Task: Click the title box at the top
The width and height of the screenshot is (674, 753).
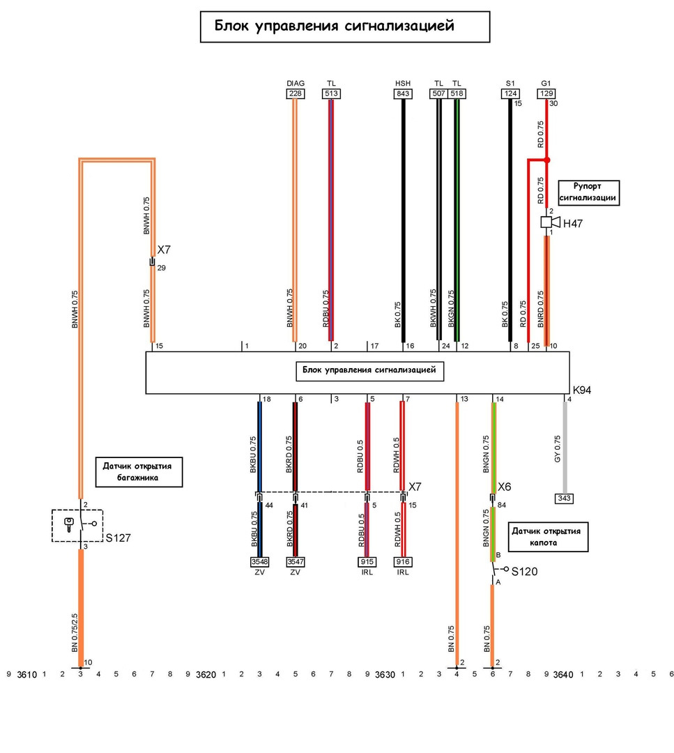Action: click(344, 26)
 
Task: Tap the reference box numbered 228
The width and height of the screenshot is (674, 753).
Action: click(294, 93)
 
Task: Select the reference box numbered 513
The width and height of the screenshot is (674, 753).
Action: click(331, 93)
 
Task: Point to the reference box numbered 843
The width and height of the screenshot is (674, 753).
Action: click(403, 93)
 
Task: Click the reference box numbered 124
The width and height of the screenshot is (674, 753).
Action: click(510, 93)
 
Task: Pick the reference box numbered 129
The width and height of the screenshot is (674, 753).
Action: click(546, 93)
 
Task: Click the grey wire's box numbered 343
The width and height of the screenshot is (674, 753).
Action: click(565, 499)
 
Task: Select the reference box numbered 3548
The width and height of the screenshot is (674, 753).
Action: click(259, 561)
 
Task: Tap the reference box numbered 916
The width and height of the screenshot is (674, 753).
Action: click(403, 561)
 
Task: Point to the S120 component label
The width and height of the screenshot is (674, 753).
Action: click(525, 572)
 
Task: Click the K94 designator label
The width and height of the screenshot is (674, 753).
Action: click(582, 390)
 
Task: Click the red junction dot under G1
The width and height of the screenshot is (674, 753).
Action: click(547, 160)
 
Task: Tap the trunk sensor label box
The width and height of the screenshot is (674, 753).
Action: click(138, 471)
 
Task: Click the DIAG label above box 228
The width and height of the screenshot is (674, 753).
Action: click(294, 82)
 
